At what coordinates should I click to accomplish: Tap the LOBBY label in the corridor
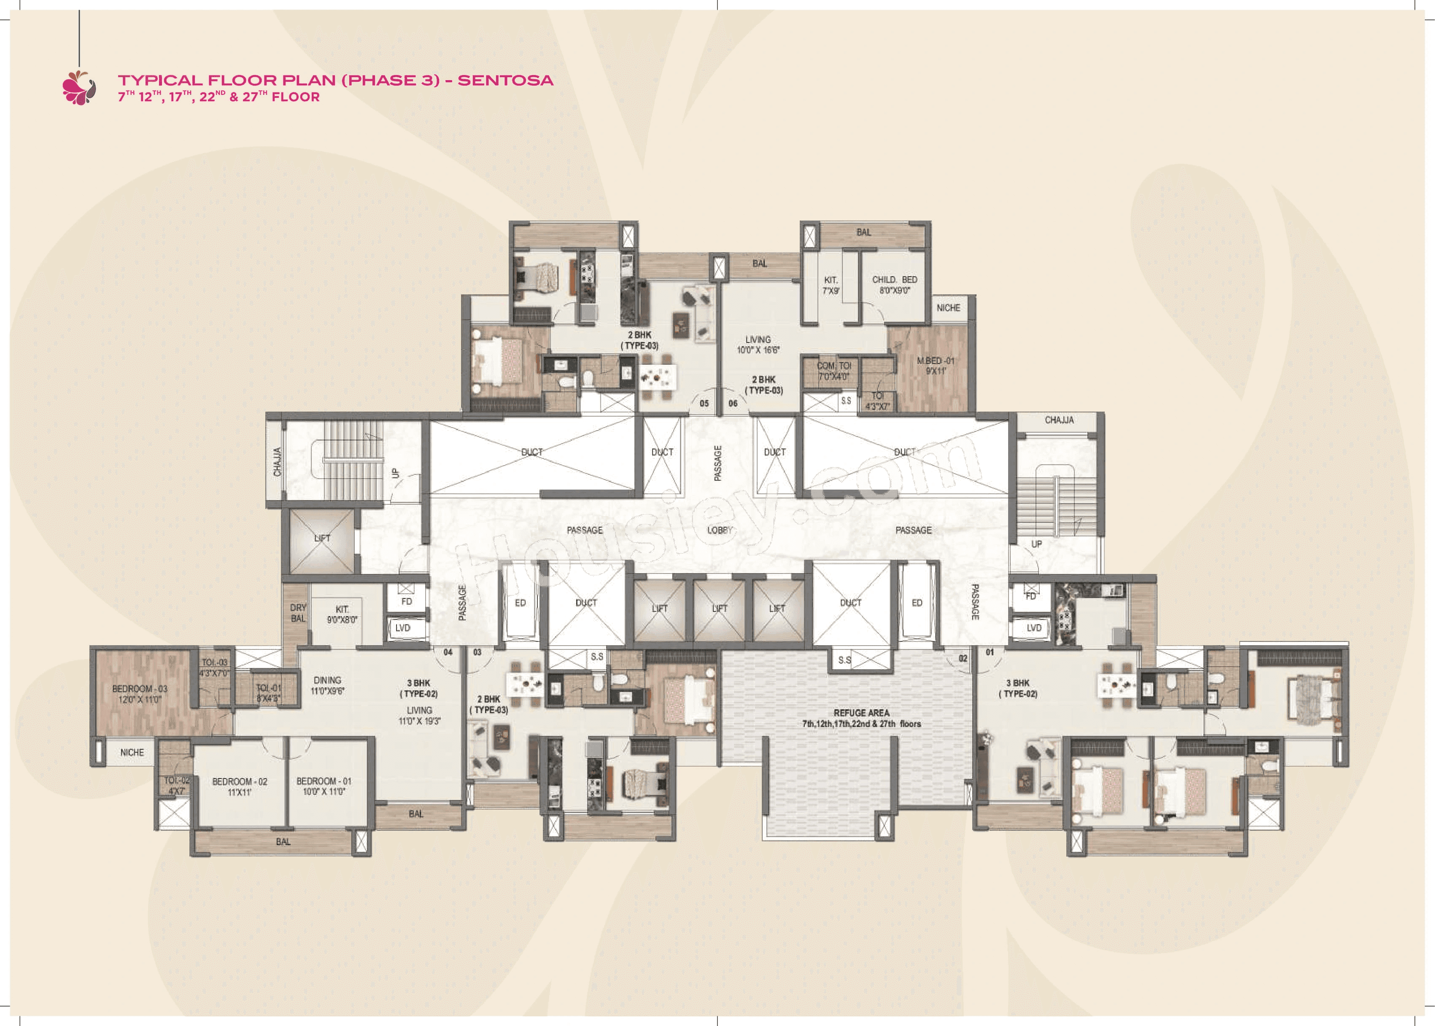720,530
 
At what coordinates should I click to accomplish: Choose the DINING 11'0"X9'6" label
327,685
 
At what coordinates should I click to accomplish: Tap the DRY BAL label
298,613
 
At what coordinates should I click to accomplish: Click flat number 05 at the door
704,403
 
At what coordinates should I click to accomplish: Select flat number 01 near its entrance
990,652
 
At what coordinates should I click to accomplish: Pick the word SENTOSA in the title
505,80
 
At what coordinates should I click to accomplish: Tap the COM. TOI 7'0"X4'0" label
833,371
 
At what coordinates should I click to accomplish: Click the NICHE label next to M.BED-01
948,308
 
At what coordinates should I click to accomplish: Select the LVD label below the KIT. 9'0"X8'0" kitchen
402,628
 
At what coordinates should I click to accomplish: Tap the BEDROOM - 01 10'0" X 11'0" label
324,786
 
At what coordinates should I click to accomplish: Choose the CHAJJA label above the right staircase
1059,420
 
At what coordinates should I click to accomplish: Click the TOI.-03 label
214,663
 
